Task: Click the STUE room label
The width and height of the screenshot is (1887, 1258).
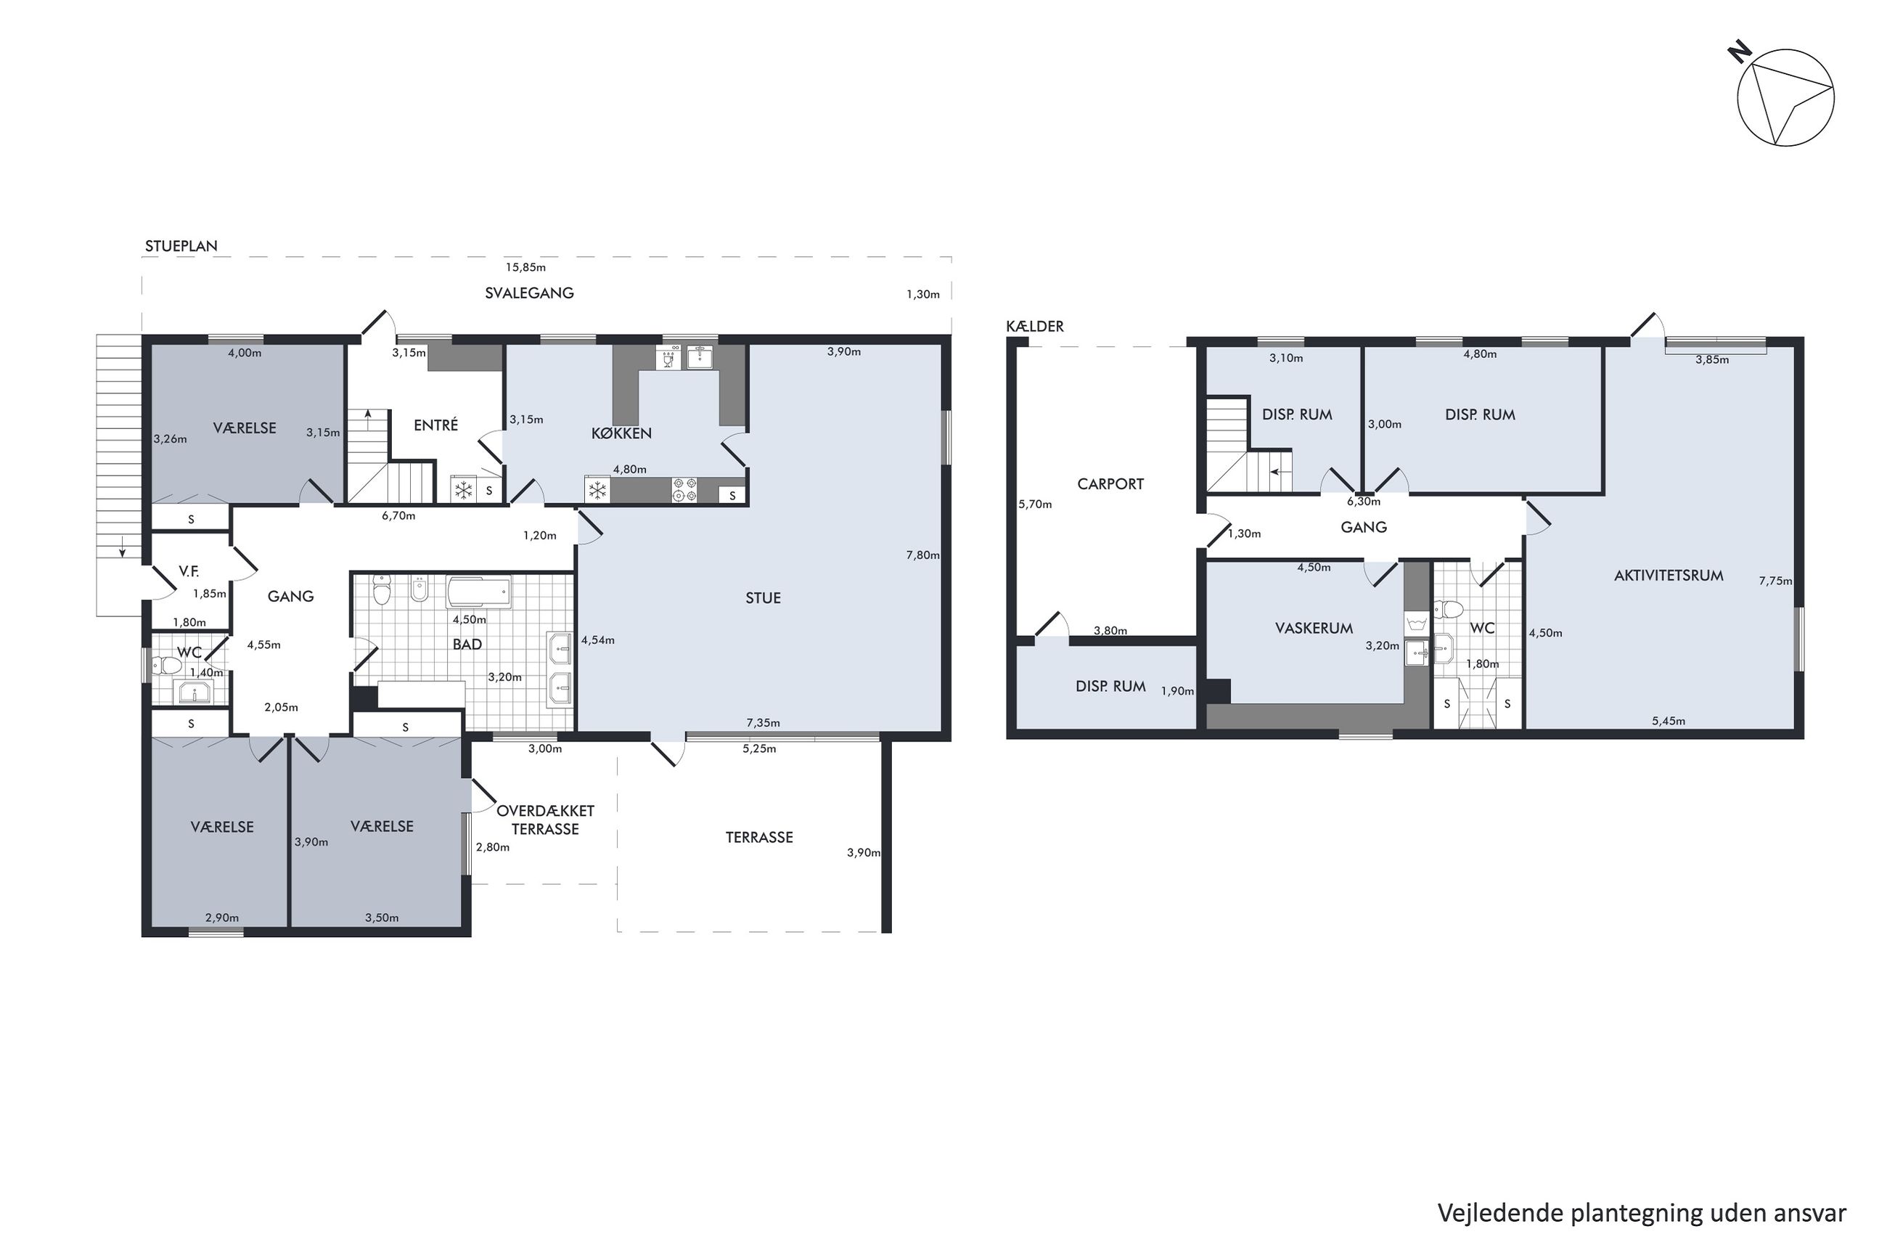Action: (x=762, y=597)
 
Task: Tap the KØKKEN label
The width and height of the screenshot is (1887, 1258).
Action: (x=621, y=433)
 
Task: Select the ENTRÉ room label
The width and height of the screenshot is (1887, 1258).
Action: (x=435, y=425)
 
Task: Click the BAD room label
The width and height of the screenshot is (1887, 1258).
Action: (x=467, y=644)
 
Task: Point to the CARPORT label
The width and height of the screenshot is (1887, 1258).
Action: (x=1110, y=483)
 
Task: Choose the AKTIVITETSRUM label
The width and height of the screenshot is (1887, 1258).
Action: (x=1668, y=575)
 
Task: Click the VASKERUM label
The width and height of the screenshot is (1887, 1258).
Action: (x=1314, y=628)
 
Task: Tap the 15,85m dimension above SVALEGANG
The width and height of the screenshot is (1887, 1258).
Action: (x=525, y=267)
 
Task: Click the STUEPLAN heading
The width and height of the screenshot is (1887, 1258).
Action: (x=181, y=246)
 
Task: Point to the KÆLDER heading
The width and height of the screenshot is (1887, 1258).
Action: (x=1034, y=327)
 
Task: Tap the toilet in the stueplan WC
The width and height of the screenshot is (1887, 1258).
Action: (x=168, y=665)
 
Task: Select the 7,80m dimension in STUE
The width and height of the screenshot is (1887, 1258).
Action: (x=922, y=555)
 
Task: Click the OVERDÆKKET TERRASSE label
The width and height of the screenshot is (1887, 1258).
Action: (x=545, y=820)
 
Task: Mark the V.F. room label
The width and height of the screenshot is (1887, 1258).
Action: (x=189, y=571)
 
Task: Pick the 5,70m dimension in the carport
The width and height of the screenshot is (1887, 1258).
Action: (x=1034, y=505)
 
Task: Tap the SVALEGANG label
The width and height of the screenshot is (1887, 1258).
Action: (x=529, y=293)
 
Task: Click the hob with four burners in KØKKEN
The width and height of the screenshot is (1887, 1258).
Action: (x=684, y=489)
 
